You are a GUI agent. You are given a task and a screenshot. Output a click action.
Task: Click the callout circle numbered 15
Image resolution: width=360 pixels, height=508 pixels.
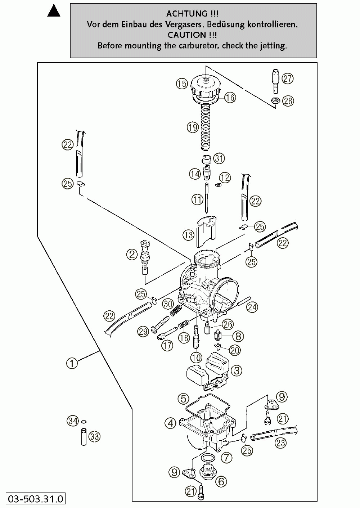tap(182, 84)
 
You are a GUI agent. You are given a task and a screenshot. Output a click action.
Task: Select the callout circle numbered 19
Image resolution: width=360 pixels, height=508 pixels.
tap(193, 127)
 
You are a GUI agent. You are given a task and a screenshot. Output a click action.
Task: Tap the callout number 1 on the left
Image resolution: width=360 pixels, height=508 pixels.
tap(72, 363)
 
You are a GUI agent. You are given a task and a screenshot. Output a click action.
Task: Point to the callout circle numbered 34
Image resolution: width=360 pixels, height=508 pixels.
tap(73, 421)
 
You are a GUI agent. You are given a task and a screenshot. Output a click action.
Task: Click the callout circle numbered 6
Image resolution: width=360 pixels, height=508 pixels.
tap(221, 481)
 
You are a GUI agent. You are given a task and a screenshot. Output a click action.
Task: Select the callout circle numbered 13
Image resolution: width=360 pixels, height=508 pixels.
tap(188, 235)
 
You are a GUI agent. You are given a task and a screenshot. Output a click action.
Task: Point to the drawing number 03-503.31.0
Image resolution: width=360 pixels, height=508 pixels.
tap(36, 499)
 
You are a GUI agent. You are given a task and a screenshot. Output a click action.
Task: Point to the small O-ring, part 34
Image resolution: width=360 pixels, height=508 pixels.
tap(84, 421)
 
